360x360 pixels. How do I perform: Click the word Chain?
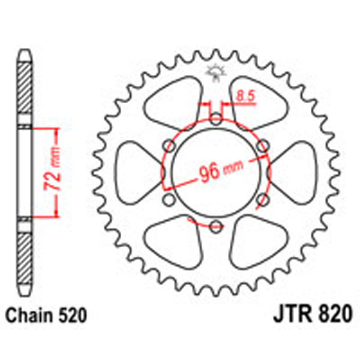(27, 314)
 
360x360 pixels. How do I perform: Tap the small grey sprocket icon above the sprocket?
(214, 73)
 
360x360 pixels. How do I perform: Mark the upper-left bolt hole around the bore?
(170, 145)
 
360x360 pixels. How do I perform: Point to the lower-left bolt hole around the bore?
(170, 199)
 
